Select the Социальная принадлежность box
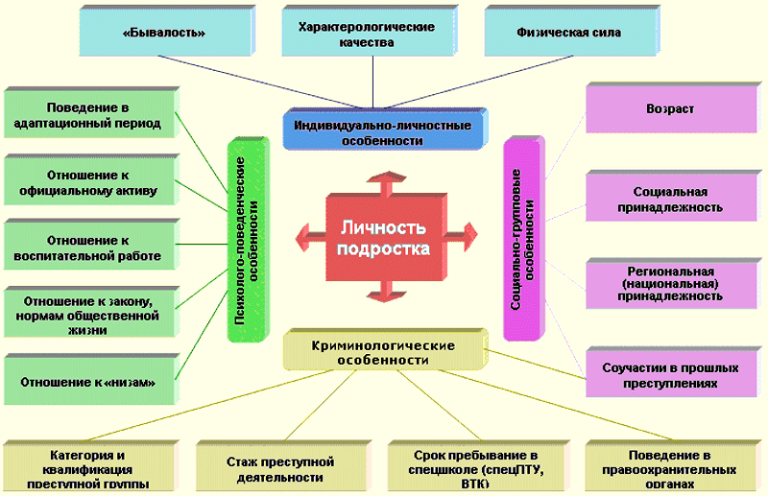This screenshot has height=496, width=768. pyautogui.click(x=670, y=199)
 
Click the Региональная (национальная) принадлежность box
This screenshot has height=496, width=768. pyautogui.click(x=670, y=283)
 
